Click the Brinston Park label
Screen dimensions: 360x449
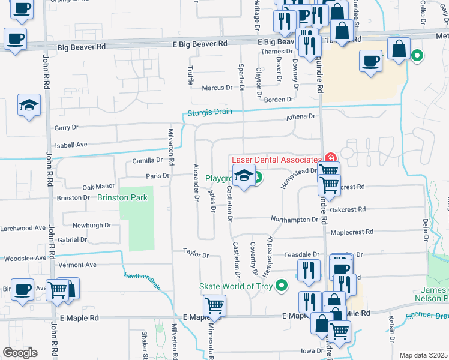pos(123,197)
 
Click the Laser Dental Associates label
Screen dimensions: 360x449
pos(276,160)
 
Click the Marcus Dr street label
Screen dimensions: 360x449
pos(217,88)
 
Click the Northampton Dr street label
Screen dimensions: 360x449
pos(294,220)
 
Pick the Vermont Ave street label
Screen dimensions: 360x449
pos(76,265)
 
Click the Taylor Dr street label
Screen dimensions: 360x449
pos(196,254)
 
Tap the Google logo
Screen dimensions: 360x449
pos(20,353)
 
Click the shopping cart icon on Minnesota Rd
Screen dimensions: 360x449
pos(214,306)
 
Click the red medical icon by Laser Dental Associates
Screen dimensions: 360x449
pos(329,158)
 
